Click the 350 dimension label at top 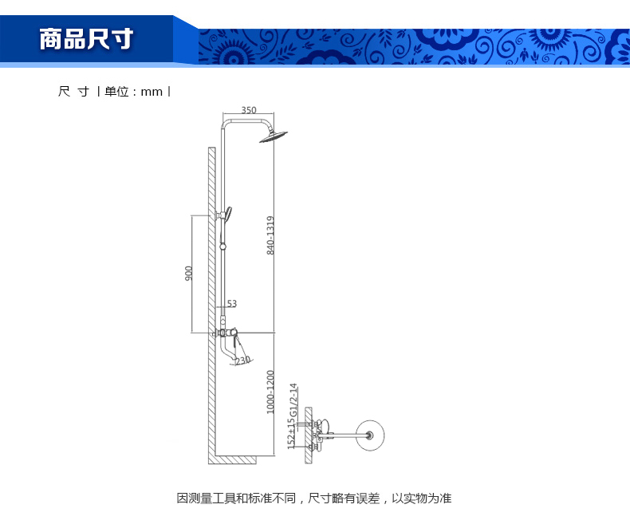click(x=249, y=110)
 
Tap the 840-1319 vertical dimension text click(x=270, y=235)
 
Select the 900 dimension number click(x=188, y=274)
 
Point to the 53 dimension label click(x=232, y=303)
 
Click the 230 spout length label click(x=243, y=361)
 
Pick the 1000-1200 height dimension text click(x=270, y=392)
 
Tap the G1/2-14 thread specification click(x=293, y=400)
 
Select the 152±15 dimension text click(x=291, y=434)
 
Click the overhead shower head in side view click(x=274, y=136)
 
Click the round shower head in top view click(x=370, y=435)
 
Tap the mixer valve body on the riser click(x=226, y=333)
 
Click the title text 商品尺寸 click(x=86, y=39)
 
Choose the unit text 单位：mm click(x=133, y=92)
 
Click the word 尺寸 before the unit click(x=73, y=92)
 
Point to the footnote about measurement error click(x=314, y=498)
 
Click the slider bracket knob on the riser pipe click(x=223, y=245)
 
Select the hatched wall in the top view click(x=308, y=435)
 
